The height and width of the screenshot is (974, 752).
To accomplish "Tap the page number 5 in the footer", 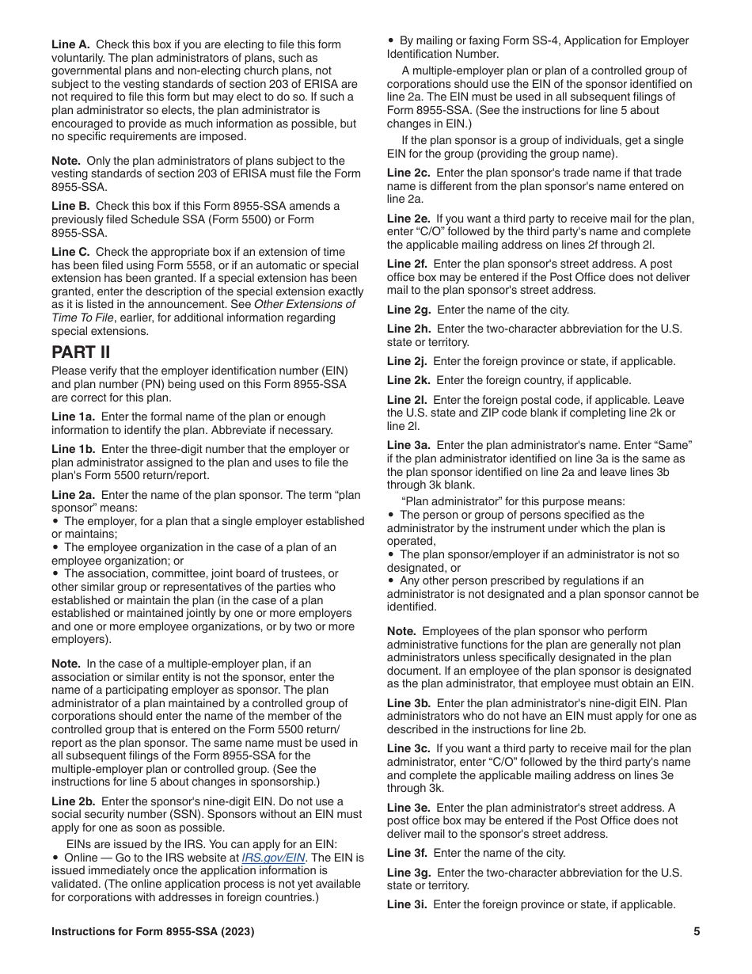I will (697, 932).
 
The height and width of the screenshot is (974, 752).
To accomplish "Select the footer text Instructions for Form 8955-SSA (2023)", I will (153, 932).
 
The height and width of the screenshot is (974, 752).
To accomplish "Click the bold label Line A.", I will (70, 44).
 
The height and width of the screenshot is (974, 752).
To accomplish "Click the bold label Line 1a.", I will (74, 417).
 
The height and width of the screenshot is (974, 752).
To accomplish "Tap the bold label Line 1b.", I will (74, 449).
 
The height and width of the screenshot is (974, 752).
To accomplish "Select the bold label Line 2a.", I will (74, 495).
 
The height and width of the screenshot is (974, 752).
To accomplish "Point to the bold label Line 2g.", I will (409, 310).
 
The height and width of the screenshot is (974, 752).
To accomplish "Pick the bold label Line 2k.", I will (408, 380).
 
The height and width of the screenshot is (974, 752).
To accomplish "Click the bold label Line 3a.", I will (409, 446).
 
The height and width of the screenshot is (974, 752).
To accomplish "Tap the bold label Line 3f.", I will (408, 853).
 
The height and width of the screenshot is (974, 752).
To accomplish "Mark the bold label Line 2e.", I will (409, 219).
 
